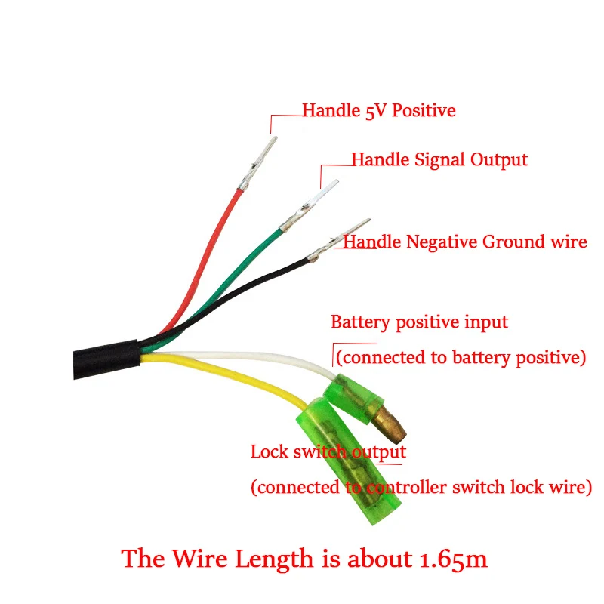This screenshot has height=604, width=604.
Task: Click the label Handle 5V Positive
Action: pos(379,111)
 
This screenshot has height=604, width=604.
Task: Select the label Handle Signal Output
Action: pos(439,160)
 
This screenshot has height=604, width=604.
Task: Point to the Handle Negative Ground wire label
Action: pos(465,242)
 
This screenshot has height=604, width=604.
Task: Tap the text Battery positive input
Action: pos(419,322)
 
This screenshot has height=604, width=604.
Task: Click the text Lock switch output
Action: pos(328,452)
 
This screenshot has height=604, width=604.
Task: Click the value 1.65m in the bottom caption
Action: pos(451,559)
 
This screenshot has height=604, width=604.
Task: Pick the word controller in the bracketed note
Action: pos(403,488)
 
